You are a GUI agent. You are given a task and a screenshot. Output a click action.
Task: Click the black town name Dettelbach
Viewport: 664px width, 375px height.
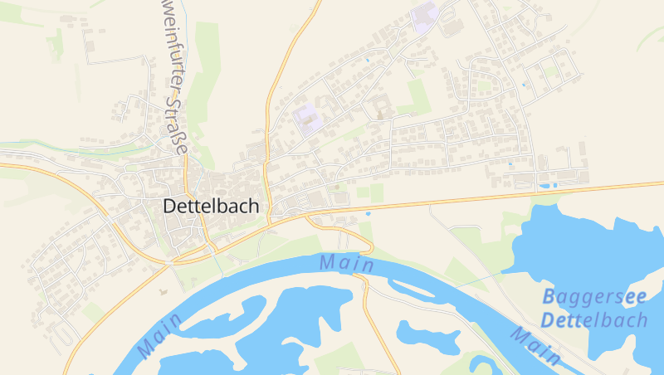click(211, 206)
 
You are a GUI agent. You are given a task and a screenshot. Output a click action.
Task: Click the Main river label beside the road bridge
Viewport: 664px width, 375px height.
click(346, 263)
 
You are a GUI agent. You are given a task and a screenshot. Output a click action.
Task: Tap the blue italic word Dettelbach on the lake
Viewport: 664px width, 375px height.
click(594, 319)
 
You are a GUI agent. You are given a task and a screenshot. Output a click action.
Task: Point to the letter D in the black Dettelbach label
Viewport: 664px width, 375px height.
click(170, 206)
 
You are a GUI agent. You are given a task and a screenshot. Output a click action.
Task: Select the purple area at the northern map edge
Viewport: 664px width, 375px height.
click(425, 17)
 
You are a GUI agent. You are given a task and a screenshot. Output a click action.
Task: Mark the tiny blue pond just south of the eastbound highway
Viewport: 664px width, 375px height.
click(368, 214)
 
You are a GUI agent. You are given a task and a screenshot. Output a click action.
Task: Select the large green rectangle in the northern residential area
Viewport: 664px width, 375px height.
click(413, 96)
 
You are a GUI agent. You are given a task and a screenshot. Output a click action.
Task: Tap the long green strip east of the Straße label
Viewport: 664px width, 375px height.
click(207, 91)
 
